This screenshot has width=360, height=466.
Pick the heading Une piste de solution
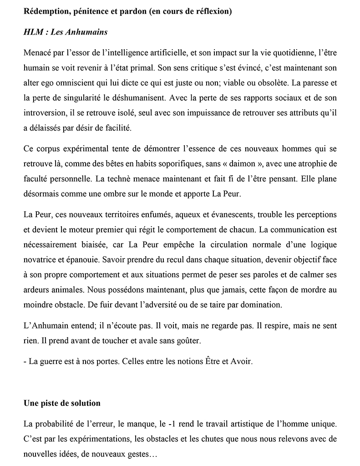click(62, 404)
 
